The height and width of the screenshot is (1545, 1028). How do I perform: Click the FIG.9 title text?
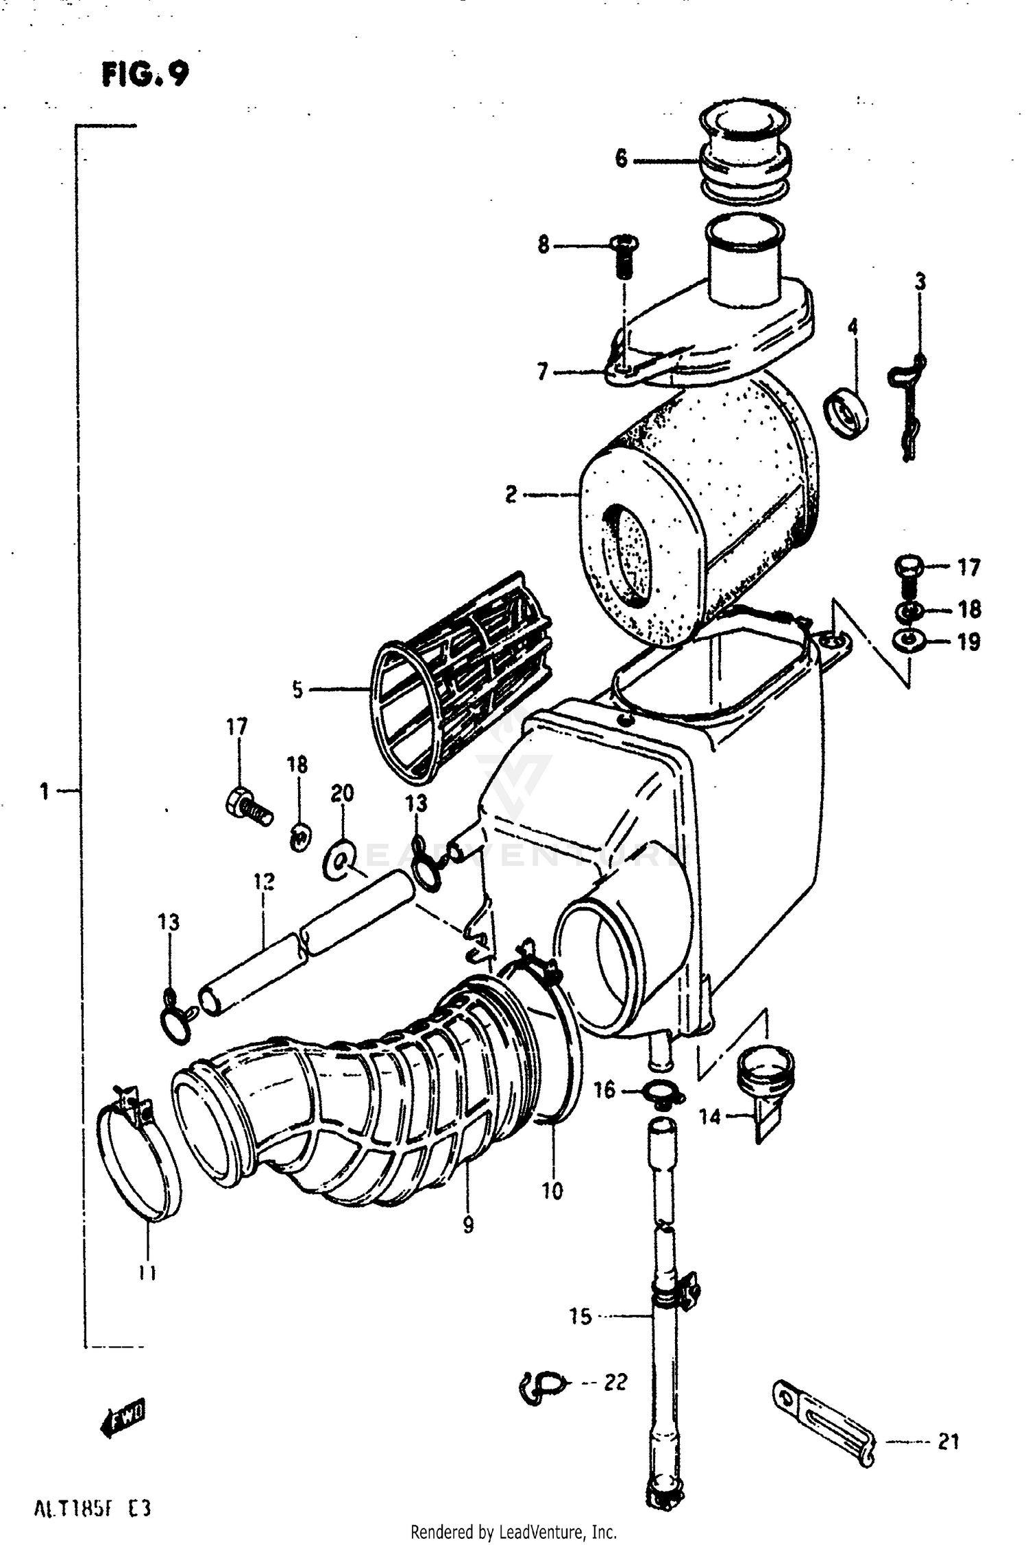pos(145,74)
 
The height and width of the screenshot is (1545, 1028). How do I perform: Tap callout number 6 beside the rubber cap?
pos(621,159)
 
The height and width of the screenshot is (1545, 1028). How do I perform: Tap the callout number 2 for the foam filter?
pos(511,494)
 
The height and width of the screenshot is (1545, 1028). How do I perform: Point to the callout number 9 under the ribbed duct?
pos(468,1225)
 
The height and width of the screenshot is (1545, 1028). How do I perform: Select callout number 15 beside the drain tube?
pos(580,1316)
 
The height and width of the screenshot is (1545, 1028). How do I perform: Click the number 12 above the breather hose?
pos(265,881)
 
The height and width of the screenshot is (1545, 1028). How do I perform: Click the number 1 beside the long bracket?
pos(45,792)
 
